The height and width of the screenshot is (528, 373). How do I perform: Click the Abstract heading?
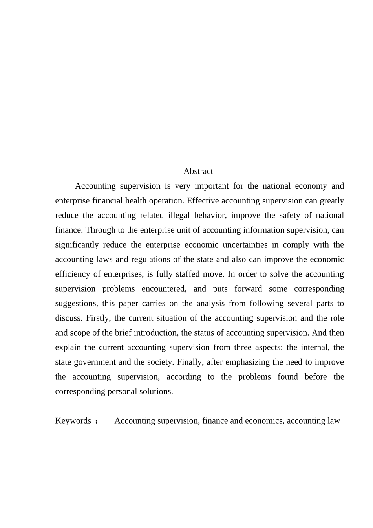click(x=198, y=171)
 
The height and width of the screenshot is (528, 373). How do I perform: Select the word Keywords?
click(x=73, y=421)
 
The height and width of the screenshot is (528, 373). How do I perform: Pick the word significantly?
click(x=77, y=245)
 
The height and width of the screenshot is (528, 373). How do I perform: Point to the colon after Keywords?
click(x=97, y=422)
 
